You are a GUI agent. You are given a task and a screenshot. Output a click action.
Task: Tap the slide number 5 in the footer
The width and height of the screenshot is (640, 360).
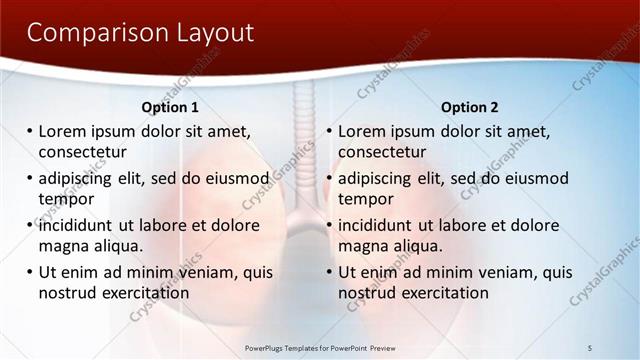click(x=590, y=348)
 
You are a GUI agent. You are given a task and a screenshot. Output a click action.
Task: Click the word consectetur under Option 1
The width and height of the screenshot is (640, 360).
click(x=82, y=152)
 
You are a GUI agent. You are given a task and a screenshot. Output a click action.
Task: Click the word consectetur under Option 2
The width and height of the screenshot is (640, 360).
click(x=382, y=152)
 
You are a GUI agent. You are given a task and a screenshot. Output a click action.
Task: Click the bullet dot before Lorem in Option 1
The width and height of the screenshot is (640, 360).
click(x=30, y=132)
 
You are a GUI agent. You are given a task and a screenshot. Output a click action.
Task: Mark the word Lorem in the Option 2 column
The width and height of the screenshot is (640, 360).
click(x=362, y=132)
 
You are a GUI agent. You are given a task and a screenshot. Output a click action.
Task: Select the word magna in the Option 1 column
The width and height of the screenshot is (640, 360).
click(x=64, y=246)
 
